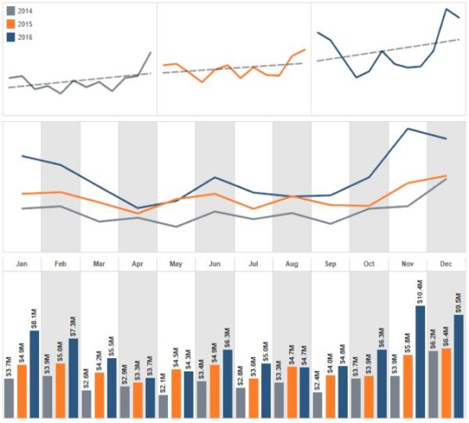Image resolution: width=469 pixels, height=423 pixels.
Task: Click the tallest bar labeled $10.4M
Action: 421,360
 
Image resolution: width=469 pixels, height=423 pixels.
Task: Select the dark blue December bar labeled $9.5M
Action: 459,365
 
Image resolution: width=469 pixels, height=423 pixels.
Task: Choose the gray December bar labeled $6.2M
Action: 433,383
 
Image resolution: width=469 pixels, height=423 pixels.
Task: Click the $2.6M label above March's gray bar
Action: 86,378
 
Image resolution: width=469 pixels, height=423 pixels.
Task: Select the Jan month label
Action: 22,264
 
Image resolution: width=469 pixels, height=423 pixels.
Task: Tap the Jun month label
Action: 214,264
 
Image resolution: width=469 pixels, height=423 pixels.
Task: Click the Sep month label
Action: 330,264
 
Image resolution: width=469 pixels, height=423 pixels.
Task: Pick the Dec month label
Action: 446,264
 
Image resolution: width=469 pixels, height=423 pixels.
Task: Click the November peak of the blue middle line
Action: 407,129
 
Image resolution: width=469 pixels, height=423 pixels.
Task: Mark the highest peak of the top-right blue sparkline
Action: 446,9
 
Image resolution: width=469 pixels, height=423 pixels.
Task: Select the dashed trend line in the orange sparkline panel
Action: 234,68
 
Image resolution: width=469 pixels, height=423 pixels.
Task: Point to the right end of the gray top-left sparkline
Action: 150,52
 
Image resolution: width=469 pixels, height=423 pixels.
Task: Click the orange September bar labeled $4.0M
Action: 330,395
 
